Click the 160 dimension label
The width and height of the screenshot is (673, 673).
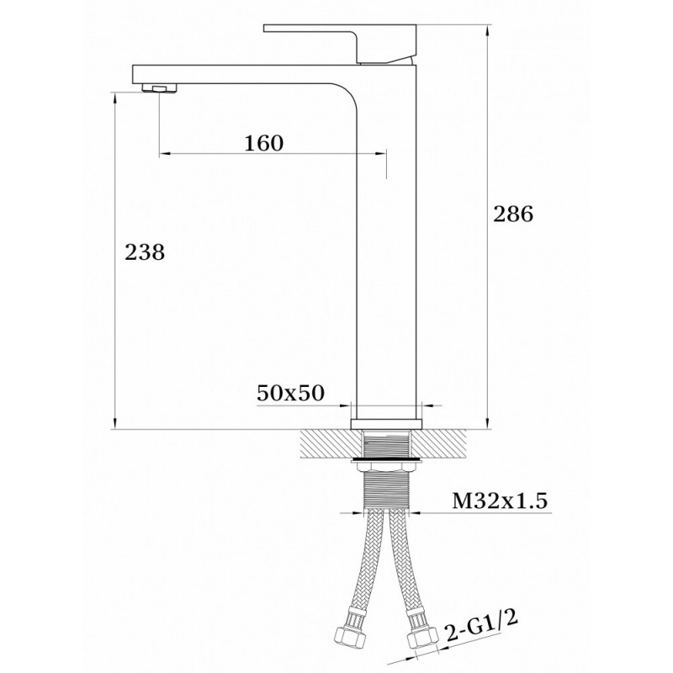point(264,143)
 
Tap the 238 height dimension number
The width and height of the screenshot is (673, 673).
point(145,252)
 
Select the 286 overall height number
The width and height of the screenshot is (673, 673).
point(513,214)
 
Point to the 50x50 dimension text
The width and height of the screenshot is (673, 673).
point(290,393)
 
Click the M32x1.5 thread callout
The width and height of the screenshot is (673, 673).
point(500,501)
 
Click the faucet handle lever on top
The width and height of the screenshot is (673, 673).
point(340,43)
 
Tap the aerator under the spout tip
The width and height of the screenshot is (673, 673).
point(159,88)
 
